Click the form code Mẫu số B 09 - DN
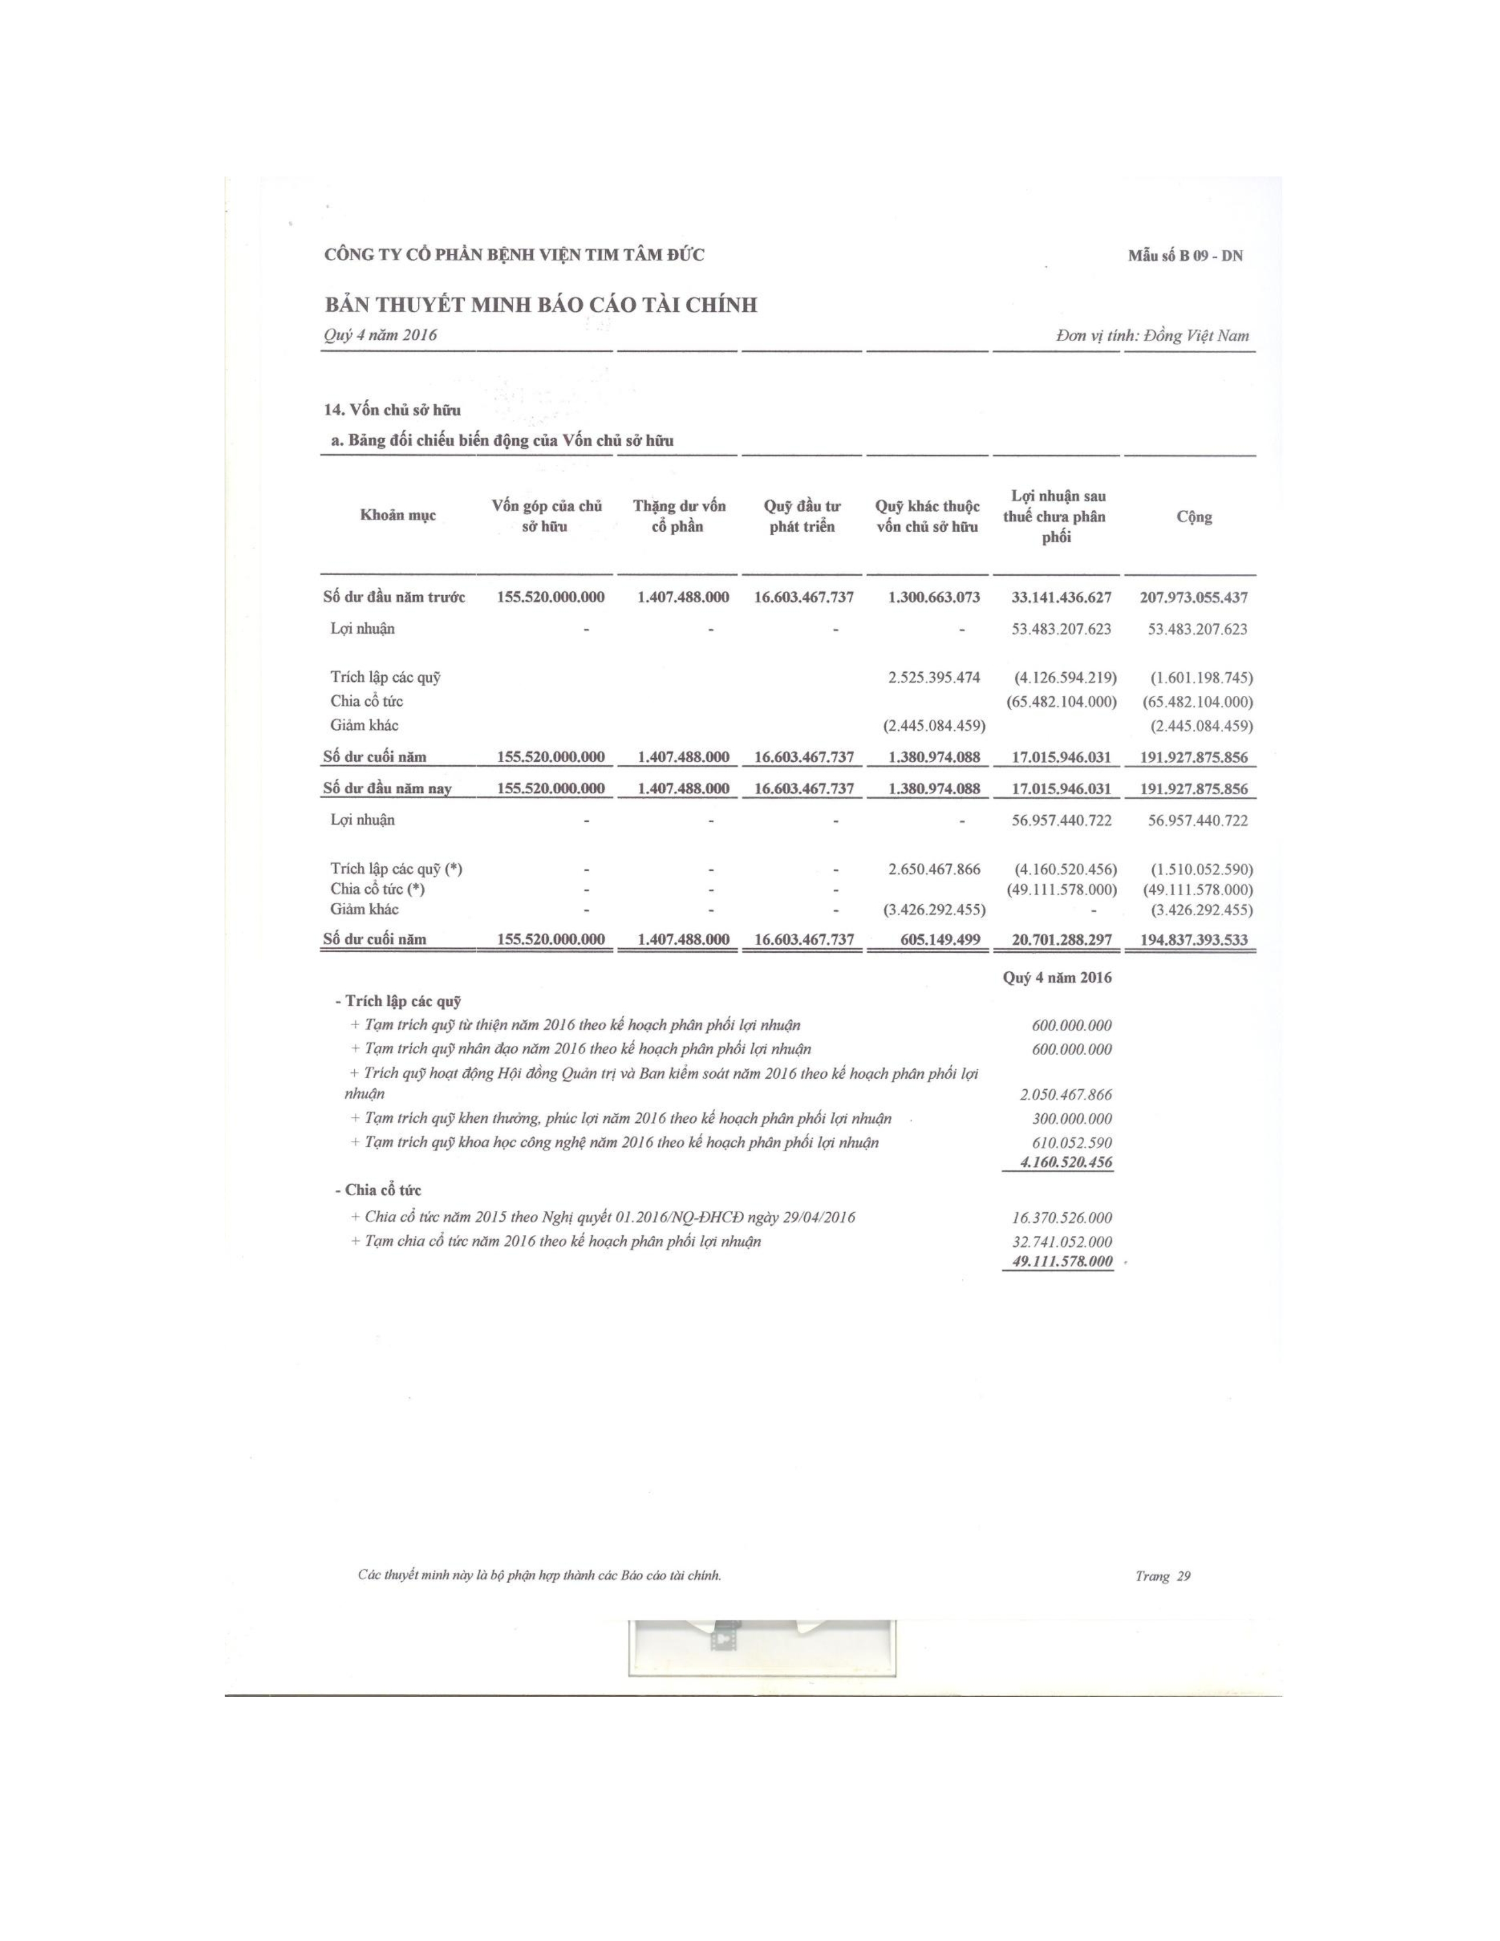pos(1185,256)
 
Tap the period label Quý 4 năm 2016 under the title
pos(381,335)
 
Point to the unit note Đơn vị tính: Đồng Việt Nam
pos(1152,335)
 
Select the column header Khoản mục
pos(398,515)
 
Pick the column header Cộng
pos(1194,516)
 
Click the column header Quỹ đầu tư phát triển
pos(802,516)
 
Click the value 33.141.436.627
pos(1061,597)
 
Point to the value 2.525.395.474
pos(934,677)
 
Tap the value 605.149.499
pos(940,939)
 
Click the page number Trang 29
pos(1162,1576)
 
